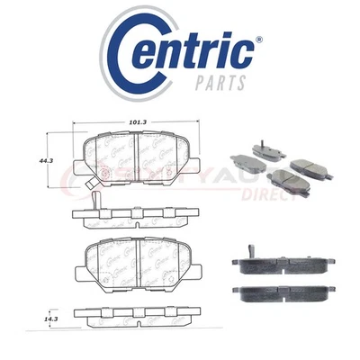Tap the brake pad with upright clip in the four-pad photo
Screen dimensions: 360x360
click(257, 148)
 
